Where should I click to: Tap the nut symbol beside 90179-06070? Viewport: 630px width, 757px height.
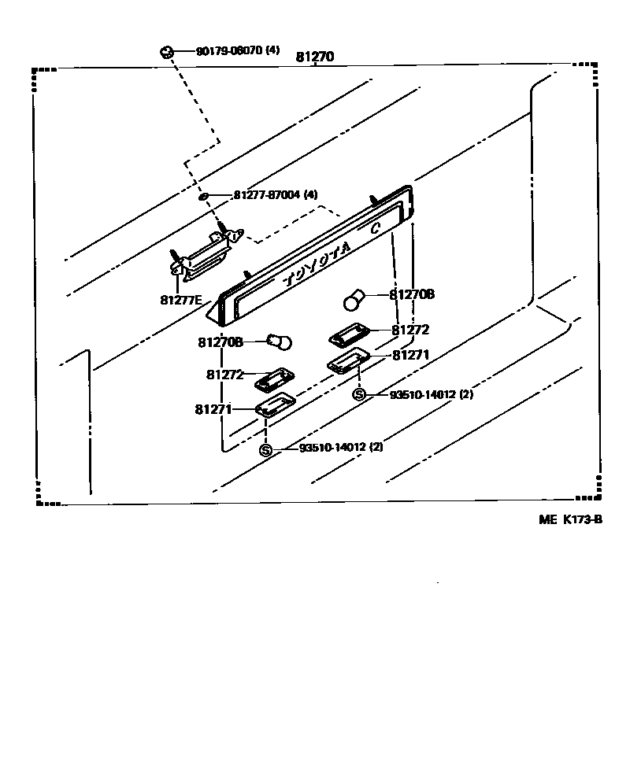[x=166, y=52]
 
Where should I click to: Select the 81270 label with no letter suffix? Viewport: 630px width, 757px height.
[x=315, y=57]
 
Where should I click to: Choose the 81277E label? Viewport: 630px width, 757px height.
[x=181, y=299]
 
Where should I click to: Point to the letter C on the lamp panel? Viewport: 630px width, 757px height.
[x=376, y=227]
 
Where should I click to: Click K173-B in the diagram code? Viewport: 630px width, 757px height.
[x=582, y=519]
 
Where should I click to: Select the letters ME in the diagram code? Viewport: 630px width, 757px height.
[x=547, y=519]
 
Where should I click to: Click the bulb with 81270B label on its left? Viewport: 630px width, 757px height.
[x=280, y=342]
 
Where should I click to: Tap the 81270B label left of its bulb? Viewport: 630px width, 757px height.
[x=220, y=342]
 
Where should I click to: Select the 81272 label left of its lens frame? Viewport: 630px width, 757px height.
[x=224, y=375]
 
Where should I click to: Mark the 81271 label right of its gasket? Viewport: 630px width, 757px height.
[x=410, y=356]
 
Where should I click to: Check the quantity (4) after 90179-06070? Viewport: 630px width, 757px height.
[x=272, y=51]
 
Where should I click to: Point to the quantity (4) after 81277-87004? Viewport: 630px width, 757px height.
[x=310, y=194]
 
